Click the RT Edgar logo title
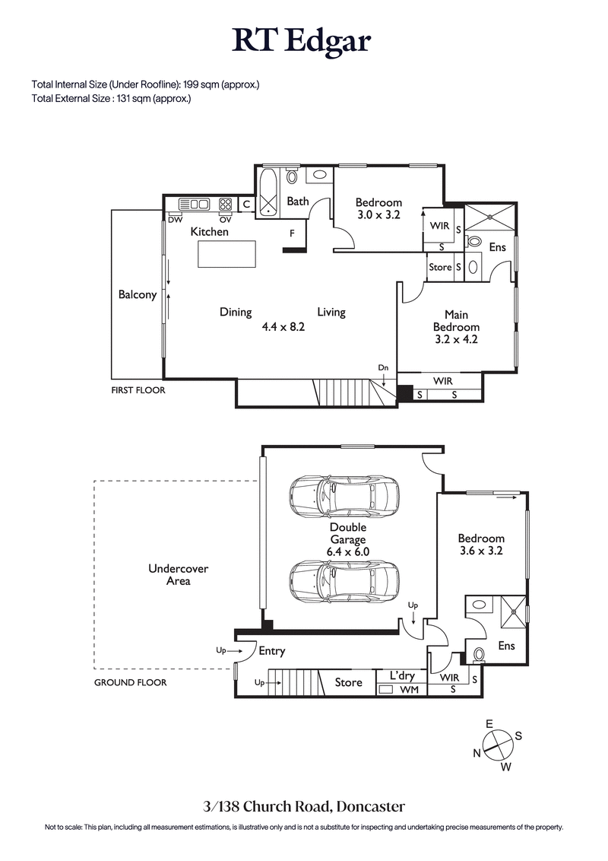[302, 41]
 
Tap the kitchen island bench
[226, 253]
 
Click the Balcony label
[138, 295]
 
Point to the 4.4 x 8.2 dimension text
[283, 328]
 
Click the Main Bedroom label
[456, 321]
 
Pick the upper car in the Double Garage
[344, 497]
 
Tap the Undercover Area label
[168, 575]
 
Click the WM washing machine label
[410, 690]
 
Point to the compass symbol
[499, 743]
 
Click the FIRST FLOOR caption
[138, 390]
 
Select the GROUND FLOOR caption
[130, 682]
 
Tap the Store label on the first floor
[440, 268]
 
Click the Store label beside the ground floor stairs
[349, 682]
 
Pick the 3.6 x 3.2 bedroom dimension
[481, 551]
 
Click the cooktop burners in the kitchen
[226, 204]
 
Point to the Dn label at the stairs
[384, 368]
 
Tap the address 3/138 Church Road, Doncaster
[303, 806]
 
